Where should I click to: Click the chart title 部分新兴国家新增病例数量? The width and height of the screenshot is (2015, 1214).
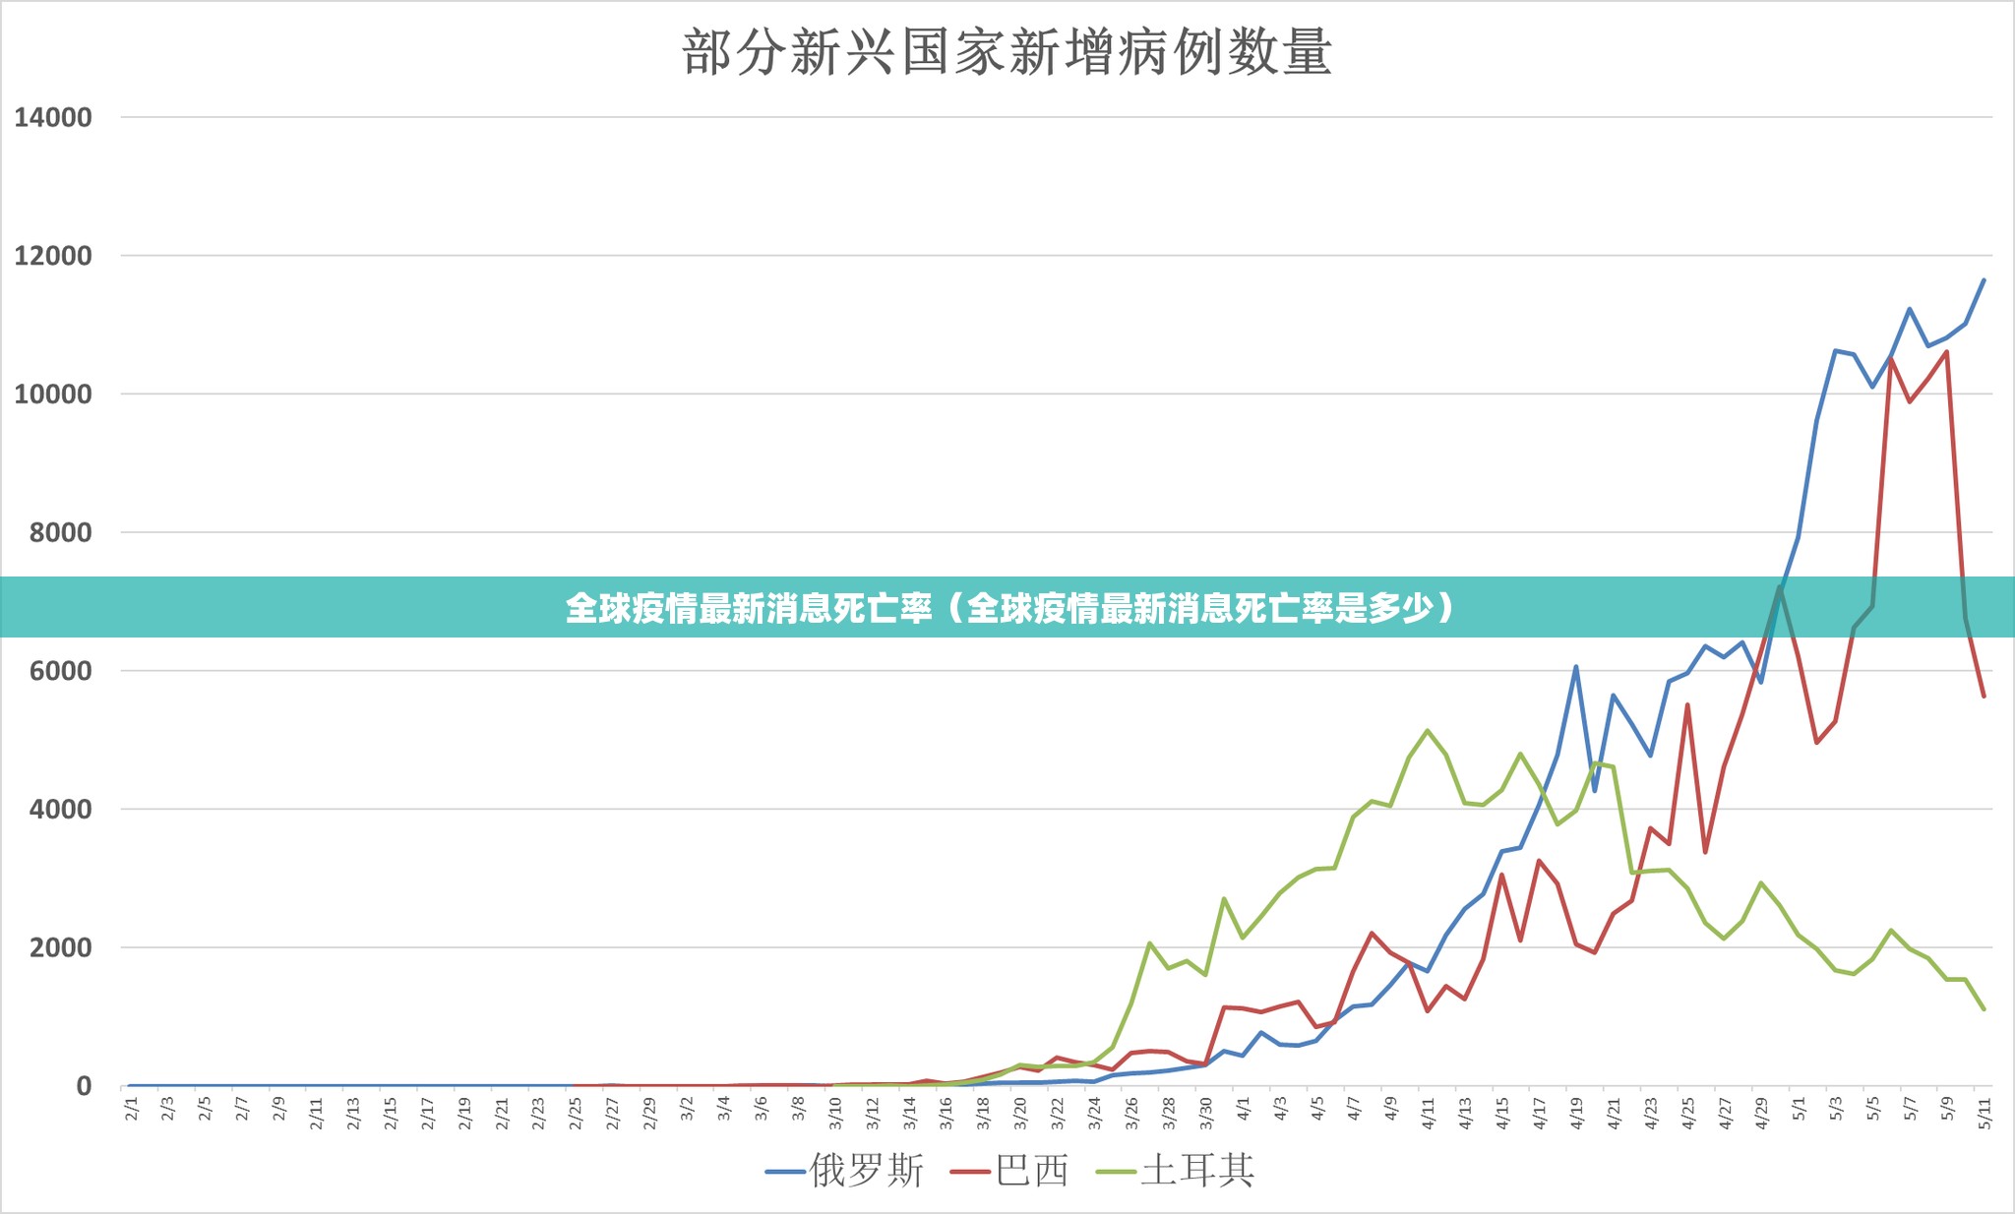1007,53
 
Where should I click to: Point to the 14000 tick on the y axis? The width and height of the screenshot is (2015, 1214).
53,118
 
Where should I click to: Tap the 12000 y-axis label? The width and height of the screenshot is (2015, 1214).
53,257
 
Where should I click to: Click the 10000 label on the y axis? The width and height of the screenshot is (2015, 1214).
53,395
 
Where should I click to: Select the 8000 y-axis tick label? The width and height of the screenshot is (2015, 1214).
61,533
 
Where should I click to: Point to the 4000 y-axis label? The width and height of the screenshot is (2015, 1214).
61,810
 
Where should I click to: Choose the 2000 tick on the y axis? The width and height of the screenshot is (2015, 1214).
61,948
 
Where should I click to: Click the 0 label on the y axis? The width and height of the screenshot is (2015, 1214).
84,1087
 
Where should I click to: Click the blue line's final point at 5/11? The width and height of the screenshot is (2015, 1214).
1984,280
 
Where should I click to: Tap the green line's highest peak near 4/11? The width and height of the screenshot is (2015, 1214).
1428,730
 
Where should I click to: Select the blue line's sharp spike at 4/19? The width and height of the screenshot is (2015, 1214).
1575,667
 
